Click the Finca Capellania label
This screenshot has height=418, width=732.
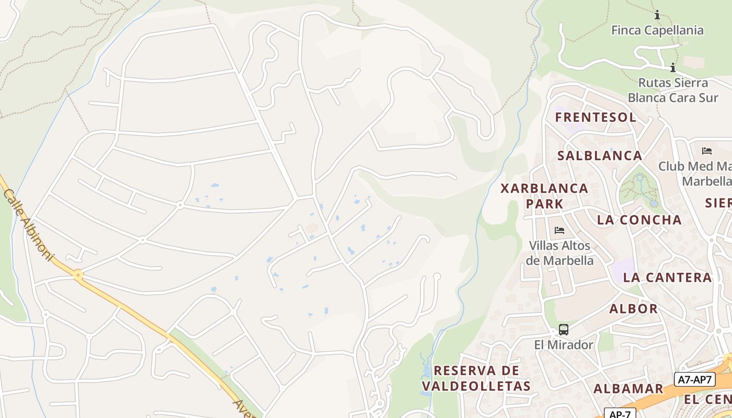pyautogui.click(x=657, y=30)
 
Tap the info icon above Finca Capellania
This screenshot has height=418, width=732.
pyautogui.click(x=657, y=15)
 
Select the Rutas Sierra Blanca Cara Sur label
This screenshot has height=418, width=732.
pyautogui.click(x=673, y=90)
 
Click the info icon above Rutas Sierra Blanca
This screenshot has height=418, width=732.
pyautogui.click(x=672, y=67)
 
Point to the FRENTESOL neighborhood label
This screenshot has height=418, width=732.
pyautogui.click(x=596, y=117)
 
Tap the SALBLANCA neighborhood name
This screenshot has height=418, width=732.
pyautogui.click(x=600, y=156)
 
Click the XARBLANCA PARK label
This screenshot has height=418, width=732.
pyautogui.click(x=544, y=195)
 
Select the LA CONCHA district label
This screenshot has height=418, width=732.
pyautogui.click(x=639, y=220)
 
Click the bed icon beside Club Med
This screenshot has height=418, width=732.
pyautogui.click(x=707, y=152)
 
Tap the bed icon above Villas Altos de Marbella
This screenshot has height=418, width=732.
pyautogui.click(x=559, y=230)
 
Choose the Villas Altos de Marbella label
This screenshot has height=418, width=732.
pyautogui.click(x=559, y=253)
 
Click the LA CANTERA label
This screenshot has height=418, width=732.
pyautogui.click(x=668, y=277)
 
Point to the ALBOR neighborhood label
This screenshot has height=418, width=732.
pyautogui.click(x=633, y=309)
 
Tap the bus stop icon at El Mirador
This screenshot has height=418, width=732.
pyautogui.click(x=563, y=330)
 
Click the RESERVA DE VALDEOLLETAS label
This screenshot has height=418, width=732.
pyautogui.click(x=476, y=378)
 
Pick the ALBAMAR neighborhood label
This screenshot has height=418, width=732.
pyautogui.click(x=628, y=389)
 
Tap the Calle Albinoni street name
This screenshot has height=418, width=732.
pyautogui.click(x=29, y=225)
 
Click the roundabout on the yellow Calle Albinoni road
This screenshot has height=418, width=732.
pyautogui.click(x=78, y=274)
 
